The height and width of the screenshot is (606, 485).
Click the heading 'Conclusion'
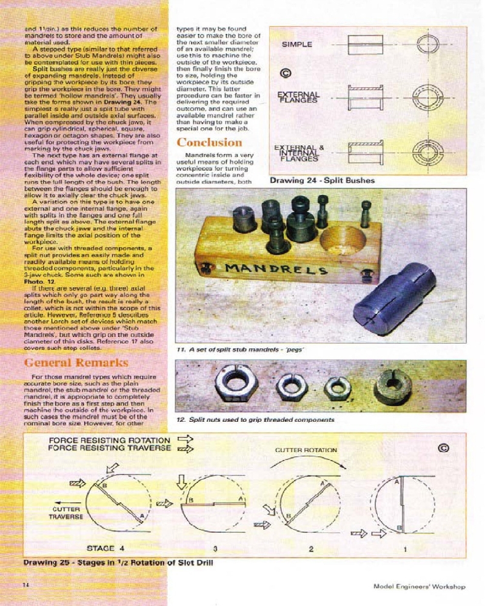209,142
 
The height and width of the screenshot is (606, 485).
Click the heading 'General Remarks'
76,362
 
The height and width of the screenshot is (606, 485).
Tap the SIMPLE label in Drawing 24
297,44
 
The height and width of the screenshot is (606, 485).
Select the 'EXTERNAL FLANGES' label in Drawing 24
298,97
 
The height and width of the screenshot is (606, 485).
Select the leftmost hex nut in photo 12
236,385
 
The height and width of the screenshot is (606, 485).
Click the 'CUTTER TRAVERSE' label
65,513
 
